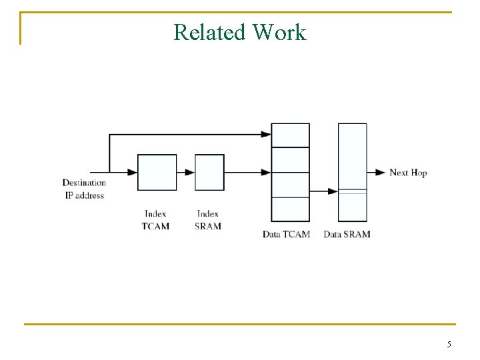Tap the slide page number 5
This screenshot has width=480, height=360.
coord(449,345)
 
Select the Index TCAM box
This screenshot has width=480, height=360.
coord(157,173)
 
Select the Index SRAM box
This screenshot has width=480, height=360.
coord(209,173)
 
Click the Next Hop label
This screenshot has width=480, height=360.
coord(408,173)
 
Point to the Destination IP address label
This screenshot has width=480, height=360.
coord(84,189)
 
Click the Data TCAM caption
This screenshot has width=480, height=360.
coord(286,234)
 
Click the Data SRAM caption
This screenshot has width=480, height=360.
coord(347,234)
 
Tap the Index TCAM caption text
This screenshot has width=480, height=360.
coord(155,220)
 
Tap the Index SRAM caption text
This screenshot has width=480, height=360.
coord(208,220)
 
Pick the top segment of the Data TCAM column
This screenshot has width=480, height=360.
coord(290,135)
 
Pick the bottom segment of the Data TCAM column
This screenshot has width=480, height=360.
coord(290,209)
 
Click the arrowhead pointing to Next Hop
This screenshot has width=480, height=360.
coord(381,173)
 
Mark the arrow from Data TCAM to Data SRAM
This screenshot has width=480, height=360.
coord(324,192)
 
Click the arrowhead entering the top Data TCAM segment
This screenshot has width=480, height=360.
coord(266,135)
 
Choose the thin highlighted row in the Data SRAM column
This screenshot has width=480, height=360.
coord(352,191)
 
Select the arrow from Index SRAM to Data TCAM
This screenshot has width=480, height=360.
coord(247,173)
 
